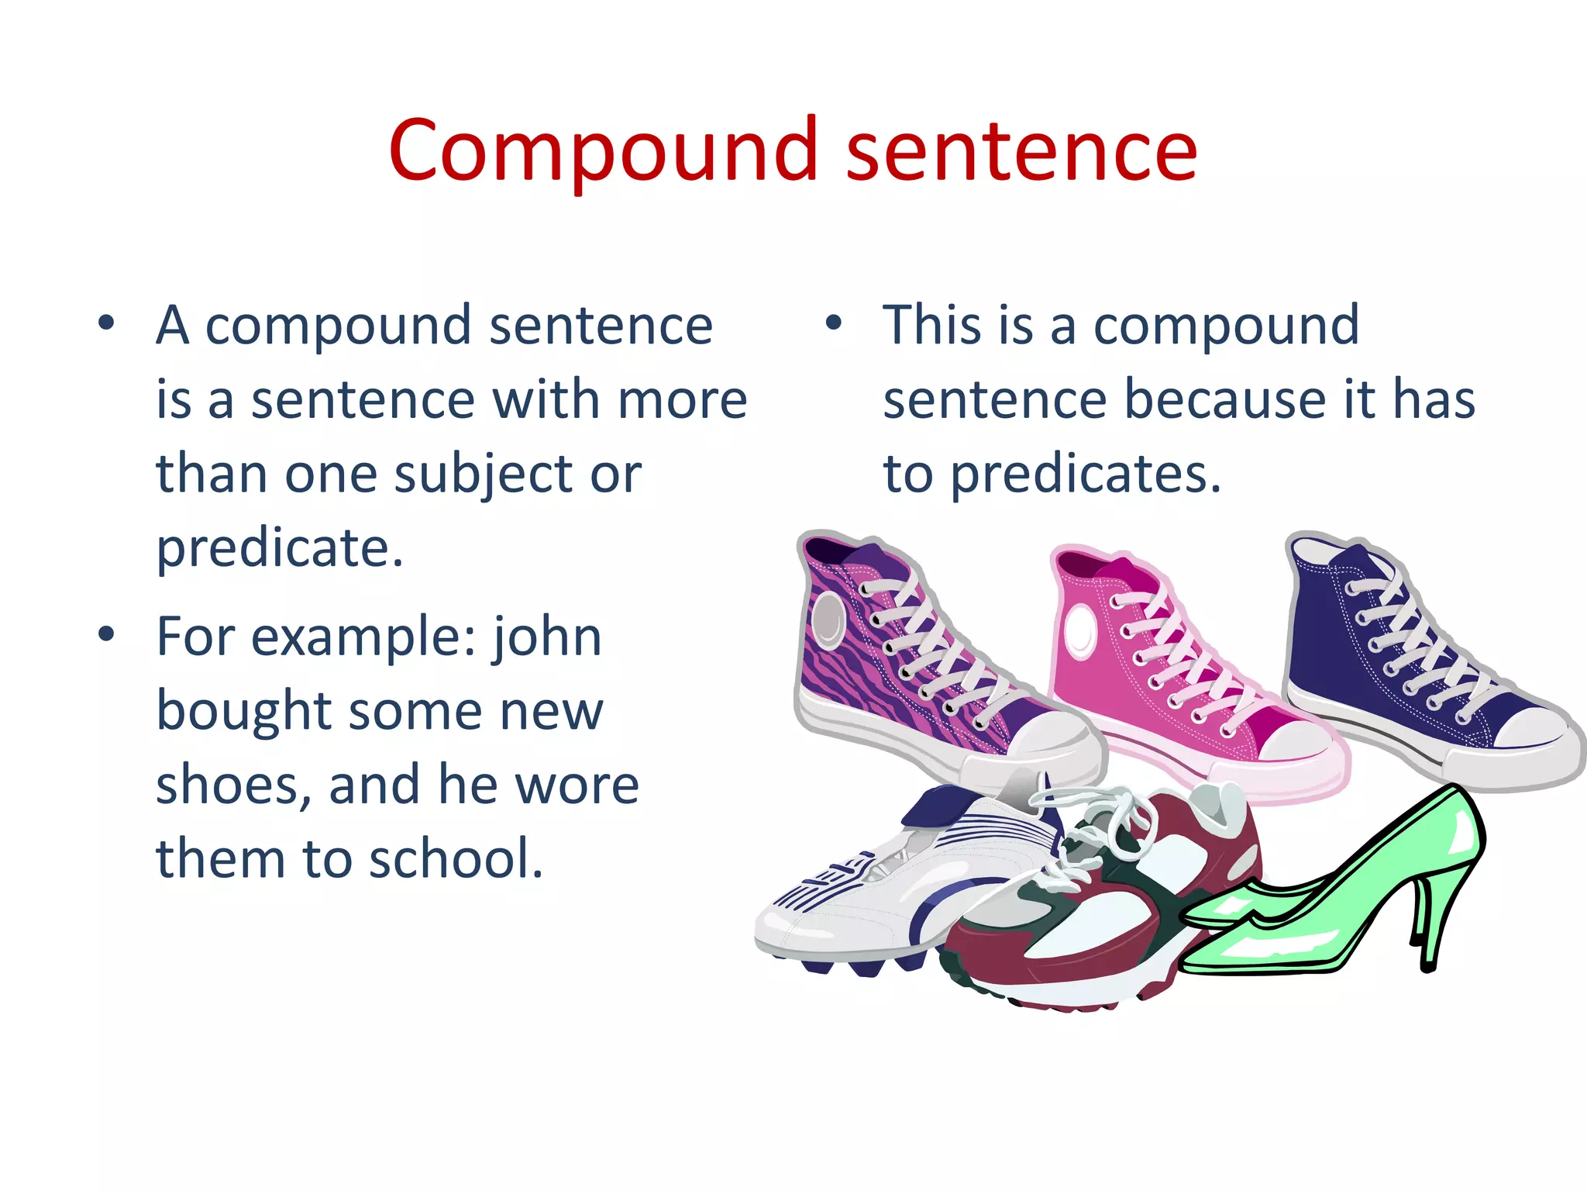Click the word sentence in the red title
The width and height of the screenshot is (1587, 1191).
pos(1021,151)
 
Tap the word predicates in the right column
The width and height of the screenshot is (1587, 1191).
pos(1085,474)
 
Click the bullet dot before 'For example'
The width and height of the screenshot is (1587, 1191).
pos(106,633)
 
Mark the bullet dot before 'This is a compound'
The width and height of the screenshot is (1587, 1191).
pos(833,322)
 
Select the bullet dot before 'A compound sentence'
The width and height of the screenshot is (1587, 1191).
pos(106,322)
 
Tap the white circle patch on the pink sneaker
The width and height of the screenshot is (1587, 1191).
pos(1079,628)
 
